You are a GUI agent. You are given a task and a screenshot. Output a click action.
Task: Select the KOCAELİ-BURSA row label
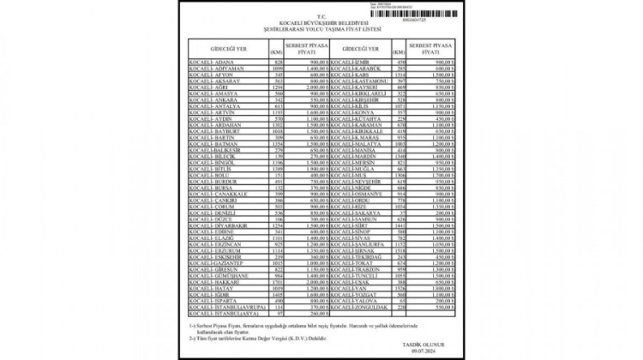click(217, 187)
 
